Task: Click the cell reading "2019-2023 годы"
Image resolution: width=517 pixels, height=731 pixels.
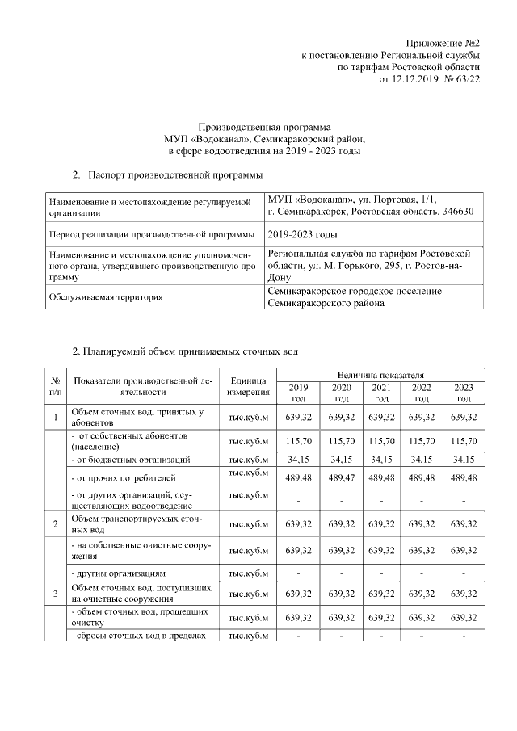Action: (x=302, y=234)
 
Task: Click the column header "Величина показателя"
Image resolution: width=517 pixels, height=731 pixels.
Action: (x=380, y=375)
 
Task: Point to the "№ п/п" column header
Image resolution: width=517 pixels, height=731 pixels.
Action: (x=55, y=386)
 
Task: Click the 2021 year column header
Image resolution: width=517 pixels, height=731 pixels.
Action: (x=381, y=393)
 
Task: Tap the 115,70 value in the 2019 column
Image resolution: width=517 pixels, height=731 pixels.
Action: (x=298, y=442)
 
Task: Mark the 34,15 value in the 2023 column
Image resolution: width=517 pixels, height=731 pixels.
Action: (x=464, y=460)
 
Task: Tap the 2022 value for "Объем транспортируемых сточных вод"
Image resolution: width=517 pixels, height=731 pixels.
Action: (x=421, y=524)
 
